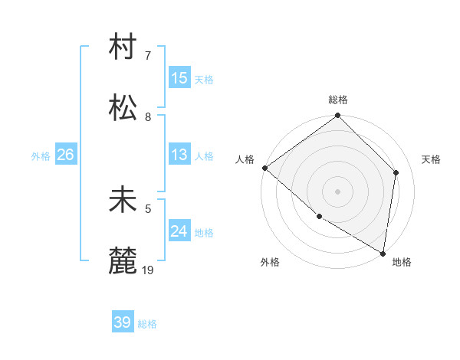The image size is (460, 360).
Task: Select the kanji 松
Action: coord(123,107)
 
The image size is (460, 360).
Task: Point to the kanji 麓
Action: coord(123,260)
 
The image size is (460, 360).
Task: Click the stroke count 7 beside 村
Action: coord(148,56)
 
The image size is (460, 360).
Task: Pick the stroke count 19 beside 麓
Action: coord(149,270)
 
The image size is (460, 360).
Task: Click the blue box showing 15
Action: coord(179,78)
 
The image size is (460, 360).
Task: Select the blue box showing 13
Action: coord(179,155)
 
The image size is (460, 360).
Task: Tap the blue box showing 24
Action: coord(179,231)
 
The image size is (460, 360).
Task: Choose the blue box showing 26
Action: coord(65,155)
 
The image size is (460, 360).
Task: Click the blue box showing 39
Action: coord(123,322)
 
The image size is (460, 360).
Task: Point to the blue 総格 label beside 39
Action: coord(148,324)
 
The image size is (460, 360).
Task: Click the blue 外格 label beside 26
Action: coord(41,155)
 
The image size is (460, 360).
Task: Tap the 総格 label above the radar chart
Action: coord(338,100)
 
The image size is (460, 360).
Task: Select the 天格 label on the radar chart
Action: coord(431,159)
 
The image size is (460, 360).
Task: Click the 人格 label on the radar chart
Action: coord(245,159)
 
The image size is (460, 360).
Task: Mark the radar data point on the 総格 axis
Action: coord(338,116)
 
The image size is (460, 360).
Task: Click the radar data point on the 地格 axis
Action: coord(383,253)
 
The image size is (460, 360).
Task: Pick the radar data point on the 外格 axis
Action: coord(319,217)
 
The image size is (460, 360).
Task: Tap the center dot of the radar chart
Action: coord(338,191)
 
